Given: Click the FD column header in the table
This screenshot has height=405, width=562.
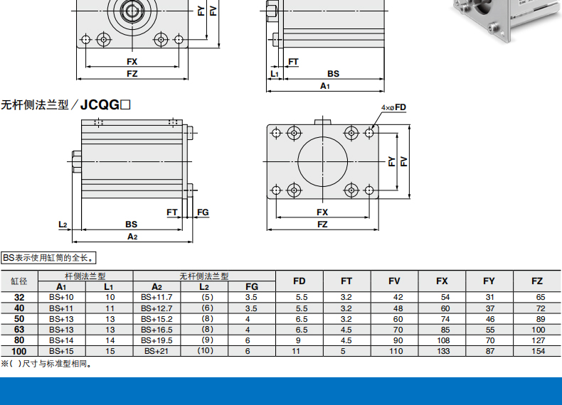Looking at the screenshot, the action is pos(299,281).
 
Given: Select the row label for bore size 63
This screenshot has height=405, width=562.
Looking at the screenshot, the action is pos(19,330).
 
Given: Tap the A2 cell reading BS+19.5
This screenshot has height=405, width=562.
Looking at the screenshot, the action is pos(157,340).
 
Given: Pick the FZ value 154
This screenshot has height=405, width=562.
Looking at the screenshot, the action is pos(538,351).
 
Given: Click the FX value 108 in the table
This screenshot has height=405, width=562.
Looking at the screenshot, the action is pos(443,340).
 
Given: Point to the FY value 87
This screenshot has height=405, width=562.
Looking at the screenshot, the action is pos(490,351).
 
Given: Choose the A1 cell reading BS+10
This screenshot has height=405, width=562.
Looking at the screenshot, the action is pos(61,297).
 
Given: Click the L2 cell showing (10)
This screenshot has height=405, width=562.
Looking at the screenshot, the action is pos(206,350).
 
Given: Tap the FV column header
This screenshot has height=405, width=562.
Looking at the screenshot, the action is pos(394,281).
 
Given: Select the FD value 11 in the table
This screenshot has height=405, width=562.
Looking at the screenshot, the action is pos(296,351).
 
